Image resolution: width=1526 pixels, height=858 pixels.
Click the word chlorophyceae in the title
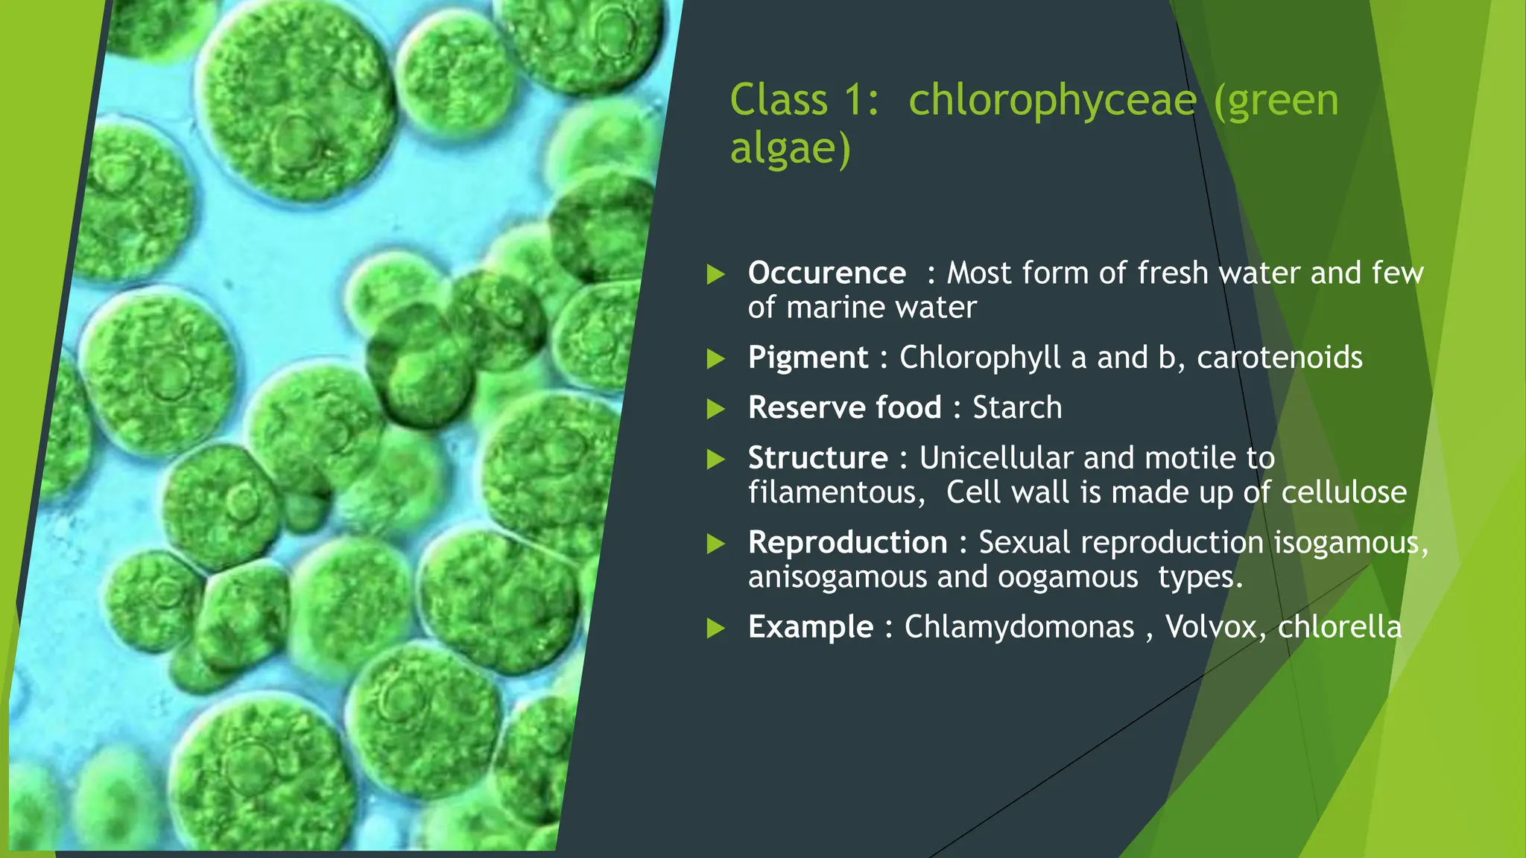1052,101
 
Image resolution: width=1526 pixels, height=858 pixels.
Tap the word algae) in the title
790,148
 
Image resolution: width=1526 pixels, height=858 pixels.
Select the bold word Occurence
826,273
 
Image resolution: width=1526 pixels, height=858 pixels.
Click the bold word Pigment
808,358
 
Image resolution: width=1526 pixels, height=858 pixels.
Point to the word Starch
1017,408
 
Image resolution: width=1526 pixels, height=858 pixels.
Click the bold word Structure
817,458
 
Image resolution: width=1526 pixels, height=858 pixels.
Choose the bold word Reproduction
847,543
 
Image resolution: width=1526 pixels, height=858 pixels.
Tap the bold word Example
810,627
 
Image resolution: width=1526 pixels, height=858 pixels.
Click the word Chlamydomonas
1019,627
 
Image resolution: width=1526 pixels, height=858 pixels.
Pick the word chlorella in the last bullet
1339,627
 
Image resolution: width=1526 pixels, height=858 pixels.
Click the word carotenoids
1279,358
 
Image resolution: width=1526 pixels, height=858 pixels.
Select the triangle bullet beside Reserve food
715,409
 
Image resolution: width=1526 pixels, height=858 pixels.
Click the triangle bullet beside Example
715,628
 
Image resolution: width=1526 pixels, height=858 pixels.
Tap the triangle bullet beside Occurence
715,274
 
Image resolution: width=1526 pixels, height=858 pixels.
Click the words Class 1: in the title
804,101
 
